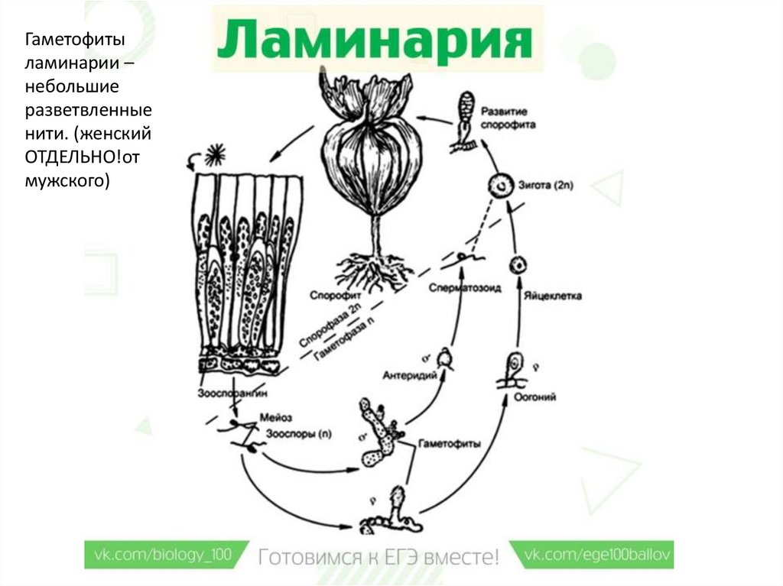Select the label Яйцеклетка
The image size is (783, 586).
click(554, 295)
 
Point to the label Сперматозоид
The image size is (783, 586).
click(454, 290)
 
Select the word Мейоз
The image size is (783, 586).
click(276, 418)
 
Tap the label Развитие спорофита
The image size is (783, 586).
click(508, 117)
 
